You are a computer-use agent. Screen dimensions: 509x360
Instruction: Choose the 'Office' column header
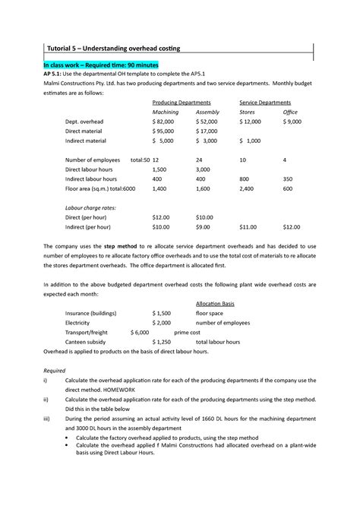click(x=290, y=112)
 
